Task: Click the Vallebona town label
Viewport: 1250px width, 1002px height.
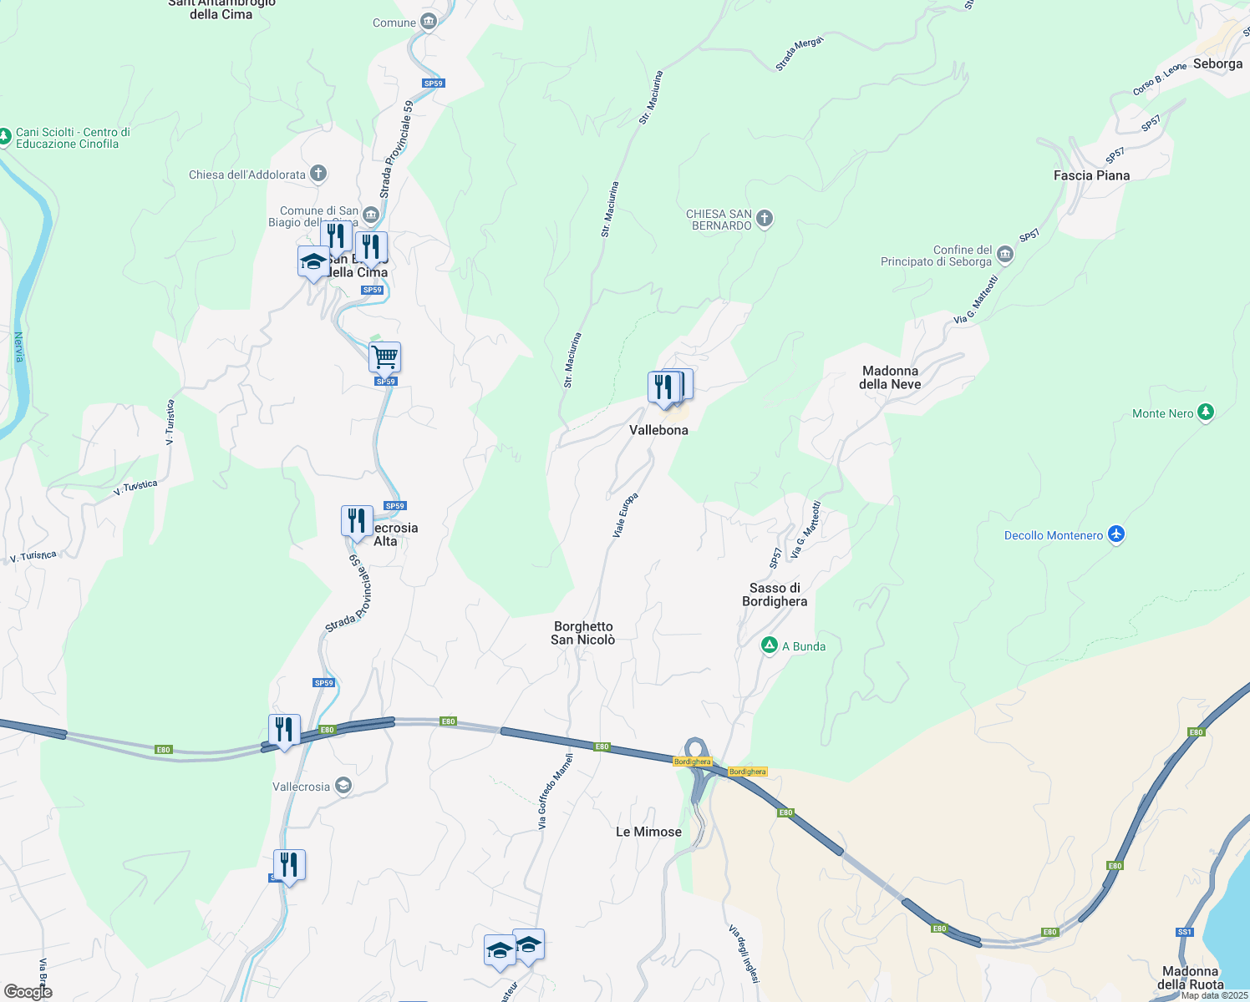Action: pos(658,430)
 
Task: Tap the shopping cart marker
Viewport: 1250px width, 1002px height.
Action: pos(384,357)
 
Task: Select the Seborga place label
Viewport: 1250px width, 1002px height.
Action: pos(1217,63)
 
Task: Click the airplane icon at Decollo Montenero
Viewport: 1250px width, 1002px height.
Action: pos(1116,534)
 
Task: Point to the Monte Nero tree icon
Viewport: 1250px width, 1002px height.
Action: pos(1205,412)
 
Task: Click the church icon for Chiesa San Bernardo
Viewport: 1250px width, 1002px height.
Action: pos(764,220)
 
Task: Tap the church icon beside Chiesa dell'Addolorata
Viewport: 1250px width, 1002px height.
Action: pos(318,174)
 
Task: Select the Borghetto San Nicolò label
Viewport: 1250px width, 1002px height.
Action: pos(583,633)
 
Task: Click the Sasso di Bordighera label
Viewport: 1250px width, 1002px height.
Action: pos(775,595)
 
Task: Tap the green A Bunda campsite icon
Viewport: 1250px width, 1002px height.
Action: pos(770,645)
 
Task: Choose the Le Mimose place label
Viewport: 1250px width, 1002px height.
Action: pos(648,832)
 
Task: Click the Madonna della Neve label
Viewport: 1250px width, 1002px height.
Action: pos(890,377)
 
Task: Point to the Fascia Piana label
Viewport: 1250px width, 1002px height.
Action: pos(1091,175)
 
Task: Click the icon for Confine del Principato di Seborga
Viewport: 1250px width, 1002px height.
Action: pos(1005,255)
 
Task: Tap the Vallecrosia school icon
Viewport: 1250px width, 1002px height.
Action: pos(343,786)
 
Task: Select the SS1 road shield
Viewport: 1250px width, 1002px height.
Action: pos(1184,932)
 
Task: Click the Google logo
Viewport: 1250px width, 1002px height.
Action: pos(28,992)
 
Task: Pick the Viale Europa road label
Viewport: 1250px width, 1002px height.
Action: pos(625,514)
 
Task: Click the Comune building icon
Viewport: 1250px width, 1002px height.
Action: pos(429,22)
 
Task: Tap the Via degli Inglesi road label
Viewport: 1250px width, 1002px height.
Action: pos(744,954)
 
